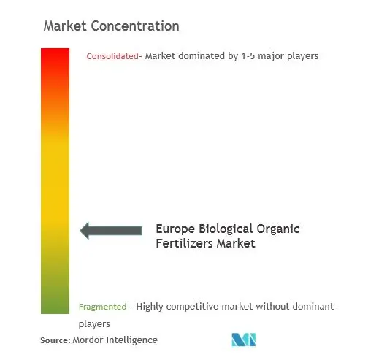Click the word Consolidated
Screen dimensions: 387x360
click(x=112, y=56)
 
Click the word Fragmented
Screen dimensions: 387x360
click(x=102, y=307)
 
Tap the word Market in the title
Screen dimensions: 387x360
click(x=65, y=26)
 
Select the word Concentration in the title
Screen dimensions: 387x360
click(x=135, y=26)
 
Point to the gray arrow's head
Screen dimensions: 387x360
click(x=84, y=231)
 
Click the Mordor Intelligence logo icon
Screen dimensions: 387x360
click(x=244, y=340)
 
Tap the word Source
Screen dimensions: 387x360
click(x=55, y=340)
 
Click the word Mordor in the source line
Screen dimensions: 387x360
click(x=88, y=340)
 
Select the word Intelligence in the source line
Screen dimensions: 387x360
click(x=131, y=340)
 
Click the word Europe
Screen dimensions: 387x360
click(x=175, y=229)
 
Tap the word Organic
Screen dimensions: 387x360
click(x=278, y=229)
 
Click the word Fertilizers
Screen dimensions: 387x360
click(x=184, y=243)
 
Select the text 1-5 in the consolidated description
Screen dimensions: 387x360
click(x=248, y=56)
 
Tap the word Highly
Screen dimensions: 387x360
click(x=150, y=307)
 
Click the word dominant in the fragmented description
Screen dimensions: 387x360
click(x=313, y=307)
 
